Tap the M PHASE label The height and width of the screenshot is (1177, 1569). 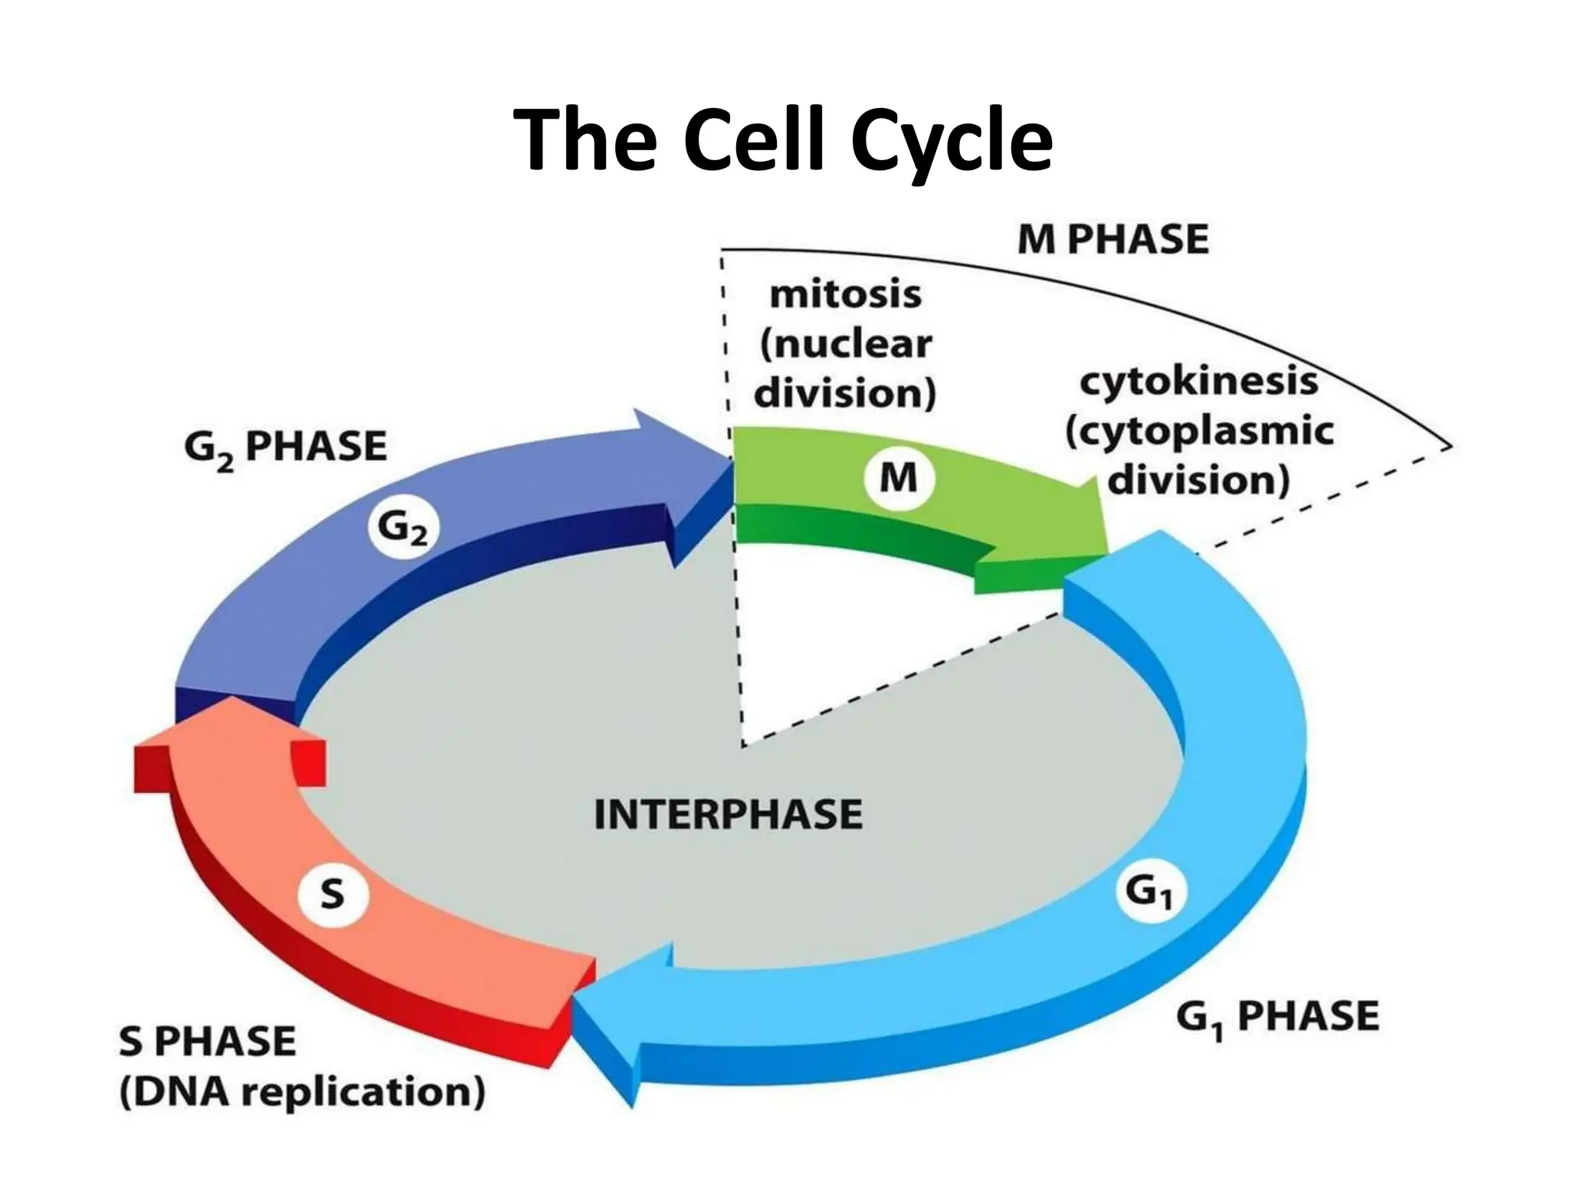click(1112, 239)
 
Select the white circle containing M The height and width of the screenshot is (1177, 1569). click(898, 478)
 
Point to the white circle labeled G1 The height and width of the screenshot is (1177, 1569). click(1149, 892)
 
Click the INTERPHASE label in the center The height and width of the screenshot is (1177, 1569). click(728, 814)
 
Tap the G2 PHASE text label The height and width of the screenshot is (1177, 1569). click(285, 448)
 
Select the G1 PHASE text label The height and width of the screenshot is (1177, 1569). click(1276, 1018)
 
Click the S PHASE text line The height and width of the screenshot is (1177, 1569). click(207, 1041)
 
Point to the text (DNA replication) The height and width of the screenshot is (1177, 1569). click(302, 1092)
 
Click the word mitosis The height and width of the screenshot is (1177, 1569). click(845, 294)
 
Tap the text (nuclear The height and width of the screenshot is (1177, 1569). click(845, 344)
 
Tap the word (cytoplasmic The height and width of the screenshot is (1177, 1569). click(1200, 431)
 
